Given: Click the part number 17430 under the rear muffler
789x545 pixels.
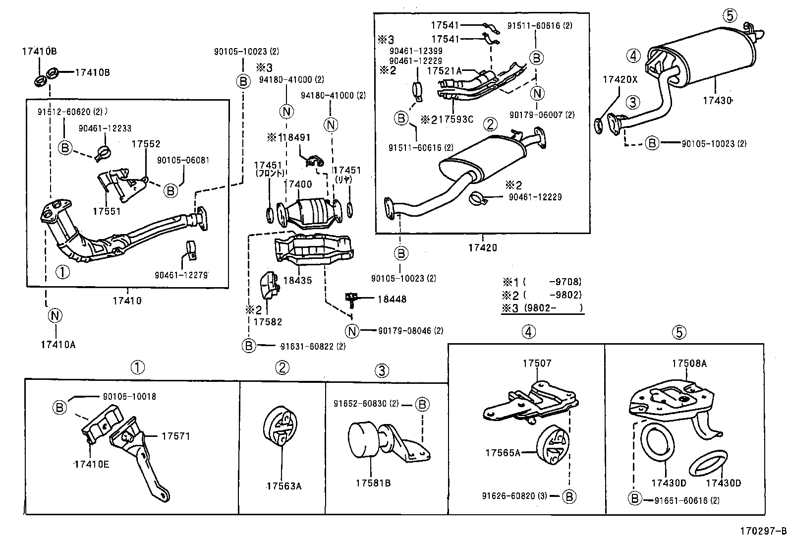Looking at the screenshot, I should [x=717, y=101].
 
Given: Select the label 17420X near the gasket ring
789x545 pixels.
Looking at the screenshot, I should [x=620, y=79].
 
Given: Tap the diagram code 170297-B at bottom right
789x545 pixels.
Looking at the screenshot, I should [x=763, y=531].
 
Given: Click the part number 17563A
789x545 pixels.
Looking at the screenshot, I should [x=283, y=486].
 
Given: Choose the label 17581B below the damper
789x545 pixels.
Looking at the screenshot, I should [x=373, y=483].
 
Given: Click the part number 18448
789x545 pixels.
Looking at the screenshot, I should [x=392, y=299].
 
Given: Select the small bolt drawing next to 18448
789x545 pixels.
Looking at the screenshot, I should [x=351, y=298].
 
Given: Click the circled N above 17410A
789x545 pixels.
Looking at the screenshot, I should [x=55, y=315].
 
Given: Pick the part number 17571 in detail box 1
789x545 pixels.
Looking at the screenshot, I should [x=175, y=436].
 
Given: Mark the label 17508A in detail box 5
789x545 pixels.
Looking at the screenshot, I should [x=689, y=363].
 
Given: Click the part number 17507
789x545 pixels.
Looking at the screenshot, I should [x=536, y=363].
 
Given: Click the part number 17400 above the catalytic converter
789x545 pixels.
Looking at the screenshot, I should [x=297, y=184].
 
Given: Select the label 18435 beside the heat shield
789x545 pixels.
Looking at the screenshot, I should [x=297, y=280].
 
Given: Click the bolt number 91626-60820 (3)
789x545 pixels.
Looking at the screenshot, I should [x=514, y=496].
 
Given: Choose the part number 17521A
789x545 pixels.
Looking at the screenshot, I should [x=444, y=71].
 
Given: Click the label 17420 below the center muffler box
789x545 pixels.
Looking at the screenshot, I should [x=482, y=247].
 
